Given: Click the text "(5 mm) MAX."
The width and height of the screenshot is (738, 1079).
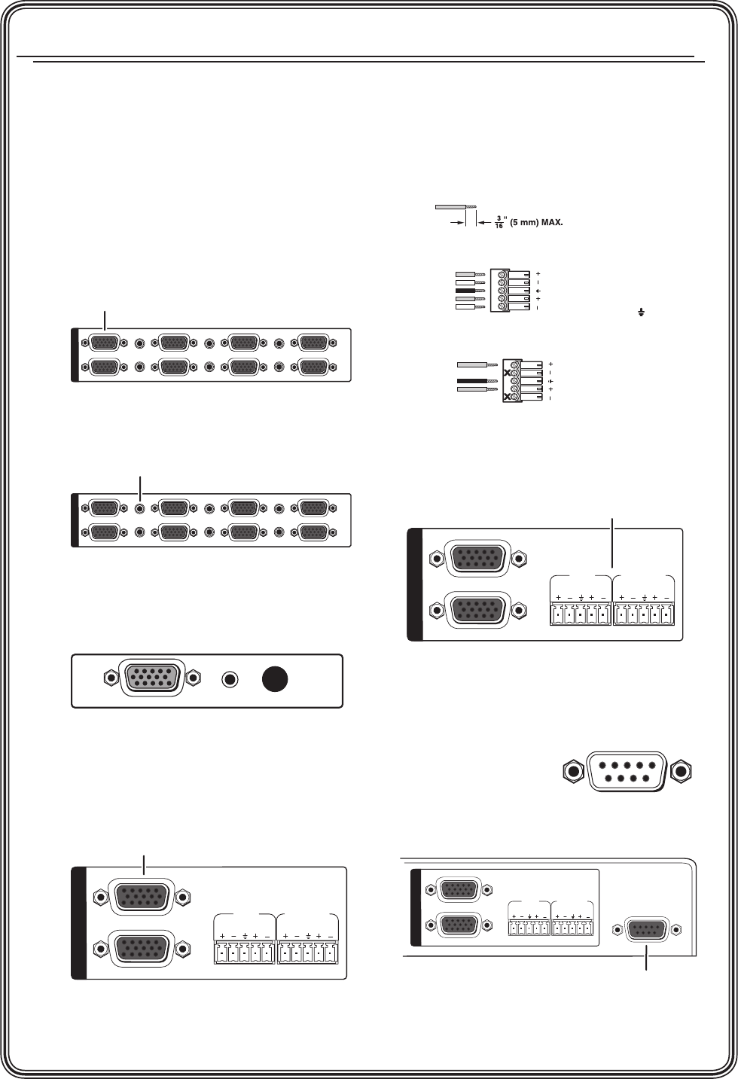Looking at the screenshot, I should [x=537, y=224].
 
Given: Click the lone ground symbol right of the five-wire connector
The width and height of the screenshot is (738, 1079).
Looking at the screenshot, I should [x=642, y=310].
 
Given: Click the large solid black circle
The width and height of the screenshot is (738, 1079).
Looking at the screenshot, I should [x=276, y=678].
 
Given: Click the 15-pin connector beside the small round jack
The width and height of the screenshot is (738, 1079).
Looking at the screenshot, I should [x=152, y=678].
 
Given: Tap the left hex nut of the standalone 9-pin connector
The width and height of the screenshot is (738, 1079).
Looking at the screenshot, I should [x=575, y=771].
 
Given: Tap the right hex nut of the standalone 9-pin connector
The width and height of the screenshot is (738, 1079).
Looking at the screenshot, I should [x=682, y=771].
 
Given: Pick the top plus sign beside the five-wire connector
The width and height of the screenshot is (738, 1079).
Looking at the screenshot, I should [x=539, y=273].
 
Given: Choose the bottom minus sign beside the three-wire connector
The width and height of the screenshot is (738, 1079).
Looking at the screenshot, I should [x=550, y=398].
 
